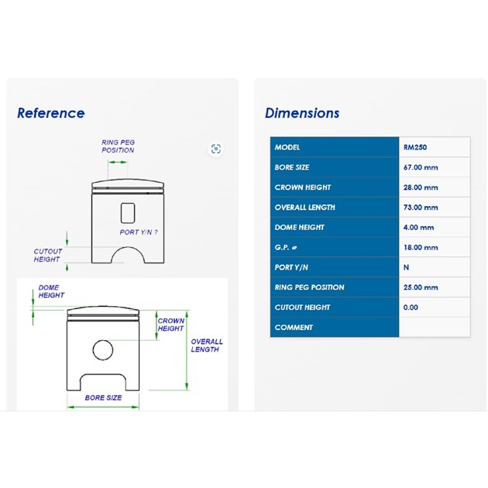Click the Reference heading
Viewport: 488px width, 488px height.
pyautogui.click(x=50, y=113)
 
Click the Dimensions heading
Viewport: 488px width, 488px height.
pyautogui.click(x=302, y=113)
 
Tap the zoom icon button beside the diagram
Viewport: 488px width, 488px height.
pyautogui.click(x=216, y=149)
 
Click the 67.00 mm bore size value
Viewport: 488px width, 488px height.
pyautogui.click(x=421, y=167)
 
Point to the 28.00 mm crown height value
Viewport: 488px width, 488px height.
pyautogui.click(x=421, y=187)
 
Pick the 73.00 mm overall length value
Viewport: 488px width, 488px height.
pyautogui.click(x=421, y=208)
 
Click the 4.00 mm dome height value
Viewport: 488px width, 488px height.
pyautogui.click(x=418, y=227)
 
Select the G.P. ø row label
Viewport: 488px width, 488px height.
pyautogui.click(x=286, y=247)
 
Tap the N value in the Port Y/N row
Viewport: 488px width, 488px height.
pyautogui.click(x=406, y=267)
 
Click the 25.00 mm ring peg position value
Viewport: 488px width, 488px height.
pyautogui.click(x=421, y=287)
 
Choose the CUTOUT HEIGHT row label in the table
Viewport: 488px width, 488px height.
pyautogui.click(x=302, y=308)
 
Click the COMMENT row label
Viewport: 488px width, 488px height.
pyautogui.click(x=294, y=328)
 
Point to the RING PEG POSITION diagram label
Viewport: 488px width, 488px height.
pyautogui.click(x=118, y=146)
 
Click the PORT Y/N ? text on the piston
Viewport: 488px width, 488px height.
pyautogui.click(x=139, y=232)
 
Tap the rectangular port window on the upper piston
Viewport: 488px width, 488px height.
pyautogui.click(x=128, y=213)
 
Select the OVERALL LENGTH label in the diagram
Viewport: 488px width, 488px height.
pyautogui.click(x=207, y=345)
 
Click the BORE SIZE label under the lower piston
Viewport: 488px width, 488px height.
pyautogui.click(x=103, y=397)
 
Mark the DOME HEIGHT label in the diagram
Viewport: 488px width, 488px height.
pyautogui.click(x=51, y=291)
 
